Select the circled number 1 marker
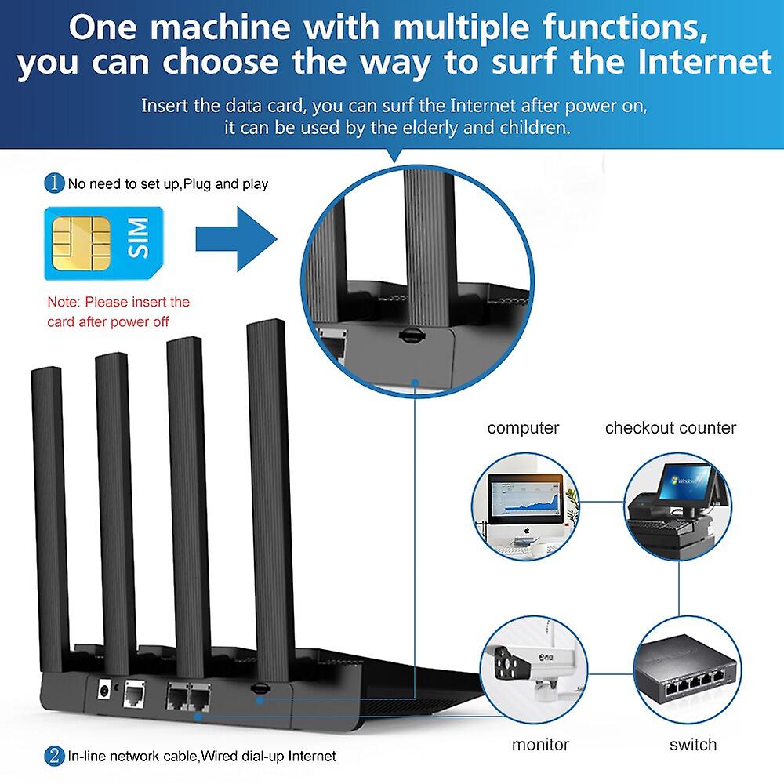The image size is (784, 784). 54,184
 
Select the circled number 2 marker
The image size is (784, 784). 54,756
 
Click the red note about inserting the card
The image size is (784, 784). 118,311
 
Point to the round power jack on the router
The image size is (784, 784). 102,691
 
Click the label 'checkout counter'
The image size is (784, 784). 670,428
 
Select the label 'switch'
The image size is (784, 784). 693,744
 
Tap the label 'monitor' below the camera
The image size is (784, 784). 540,744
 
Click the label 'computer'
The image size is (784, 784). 523,428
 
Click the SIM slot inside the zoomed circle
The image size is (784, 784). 408,333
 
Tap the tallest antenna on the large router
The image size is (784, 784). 266,486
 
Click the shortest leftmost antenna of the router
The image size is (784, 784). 51,510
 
